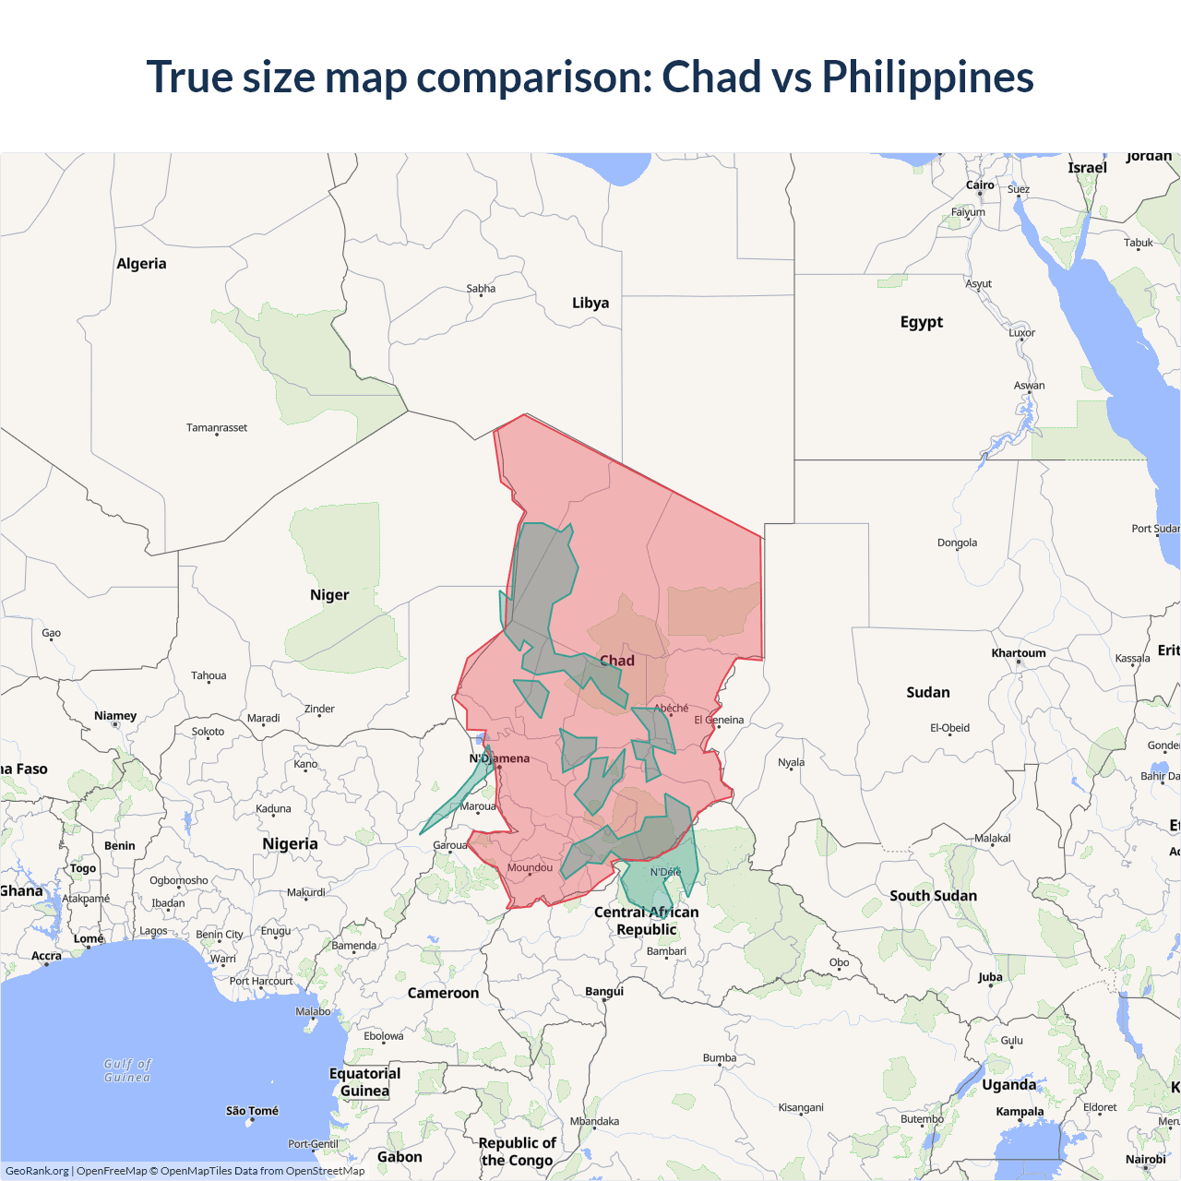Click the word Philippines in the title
[927, 78]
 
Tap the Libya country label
[590, 303]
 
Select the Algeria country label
[141, 264]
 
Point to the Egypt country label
[922, 322]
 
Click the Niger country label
[329, 595]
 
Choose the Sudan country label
[927, 693]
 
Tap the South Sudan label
[933, 896]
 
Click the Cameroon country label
[443, 994]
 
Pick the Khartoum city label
[1019, 653]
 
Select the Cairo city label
[980, 185]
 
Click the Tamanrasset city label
[217, 428]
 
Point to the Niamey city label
[115, 716]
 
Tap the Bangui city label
[604, 992]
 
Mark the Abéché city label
[671, 709]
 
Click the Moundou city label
[530, 868]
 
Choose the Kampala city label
[1020, 1112]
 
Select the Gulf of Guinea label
[127, 1071]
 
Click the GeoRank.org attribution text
[37, 1171]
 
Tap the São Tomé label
[252, 1111]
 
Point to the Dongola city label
[957, 543]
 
